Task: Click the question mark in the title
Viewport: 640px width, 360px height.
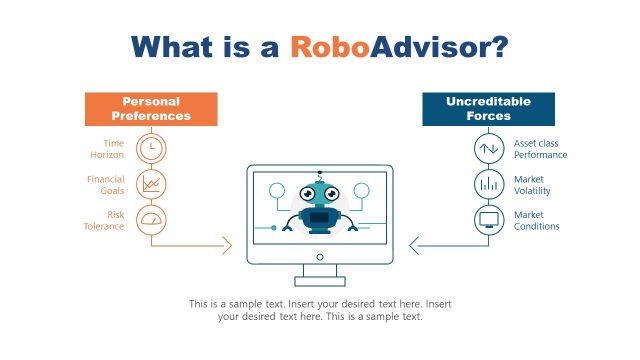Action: click(497, 47)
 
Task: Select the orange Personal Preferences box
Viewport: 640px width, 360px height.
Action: click(151, 109)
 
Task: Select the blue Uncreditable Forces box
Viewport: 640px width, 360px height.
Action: click(488, 109)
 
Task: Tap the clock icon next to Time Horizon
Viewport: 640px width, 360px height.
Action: click(151, 147)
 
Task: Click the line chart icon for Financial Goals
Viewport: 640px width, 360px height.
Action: click(151, 183)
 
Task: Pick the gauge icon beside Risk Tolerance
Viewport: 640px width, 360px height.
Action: click(151, 219)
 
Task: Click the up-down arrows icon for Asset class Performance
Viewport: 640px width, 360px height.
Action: click(489, 147)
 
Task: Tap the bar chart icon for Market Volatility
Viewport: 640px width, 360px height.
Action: click(489, 183)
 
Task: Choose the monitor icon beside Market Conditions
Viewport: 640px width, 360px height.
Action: click(489, 219)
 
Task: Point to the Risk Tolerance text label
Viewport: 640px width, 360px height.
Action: click(103, 220)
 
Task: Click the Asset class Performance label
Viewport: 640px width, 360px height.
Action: click(540, 149)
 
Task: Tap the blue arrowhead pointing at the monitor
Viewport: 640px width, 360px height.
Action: click(415, 245)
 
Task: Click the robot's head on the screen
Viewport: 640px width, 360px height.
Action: click(319, 192)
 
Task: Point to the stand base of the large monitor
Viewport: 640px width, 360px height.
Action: click(319, 281)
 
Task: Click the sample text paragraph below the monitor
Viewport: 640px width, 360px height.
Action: click(319, 310)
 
